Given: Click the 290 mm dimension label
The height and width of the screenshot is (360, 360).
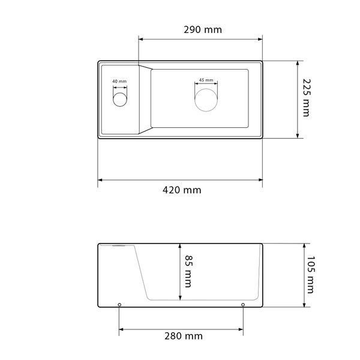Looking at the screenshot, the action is click(x=203, y=29).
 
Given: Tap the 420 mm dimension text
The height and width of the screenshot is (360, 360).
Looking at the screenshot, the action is click(x=182, y=190).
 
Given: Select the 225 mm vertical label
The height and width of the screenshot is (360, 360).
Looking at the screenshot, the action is click(x=306, y=98).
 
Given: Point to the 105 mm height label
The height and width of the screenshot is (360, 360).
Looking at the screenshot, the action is click(x=310, y=275).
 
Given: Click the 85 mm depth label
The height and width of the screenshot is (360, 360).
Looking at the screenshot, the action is click(x=188, y=271).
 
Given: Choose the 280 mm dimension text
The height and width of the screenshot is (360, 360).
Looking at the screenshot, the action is click(x=184, y=336).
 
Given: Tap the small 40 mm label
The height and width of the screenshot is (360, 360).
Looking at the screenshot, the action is click(x=119, y=81).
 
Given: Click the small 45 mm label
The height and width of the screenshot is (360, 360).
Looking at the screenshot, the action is click(x=206, y=80).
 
